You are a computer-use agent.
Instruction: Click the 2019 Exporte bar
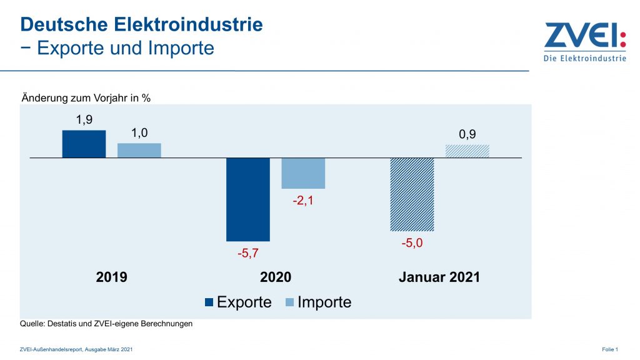pos(84,144)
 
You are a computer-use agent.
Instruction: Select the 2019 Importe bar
pos(139,150)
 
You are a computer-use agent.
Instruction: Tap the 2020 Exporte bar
pos(248,199)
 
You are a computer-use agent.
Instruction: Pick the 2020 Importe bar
pos(303,173)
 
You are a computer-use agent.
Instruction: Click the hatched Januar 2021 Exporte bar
pos(412,194)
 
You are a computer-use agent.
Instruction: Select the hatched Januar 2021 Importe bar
pos(467,151)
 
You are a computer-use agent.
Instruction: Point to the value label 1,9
pos(84,120)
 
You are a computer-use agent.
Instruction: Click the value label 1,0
pos(139,132)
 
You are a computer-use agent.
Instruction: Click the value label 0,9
pos(467,134)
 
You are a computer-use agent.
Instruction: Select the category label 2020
pos(276,277)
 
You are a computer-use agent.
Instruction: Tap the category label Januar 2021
pos(439,277)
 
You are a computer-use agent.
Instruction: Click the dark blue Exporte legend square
pos(209,302)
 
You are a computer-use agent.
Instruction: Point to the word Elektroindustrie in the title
pos(188,24)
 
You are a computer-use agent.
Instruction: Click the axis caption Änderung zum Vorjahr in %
pos(86,97)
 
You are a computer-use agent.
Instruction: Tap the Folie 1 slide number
pos(610,349)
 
